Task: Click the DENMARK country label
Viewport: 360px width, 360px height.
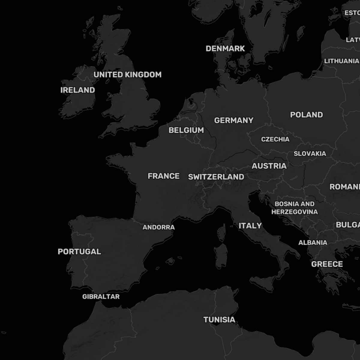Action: tap(225, 49)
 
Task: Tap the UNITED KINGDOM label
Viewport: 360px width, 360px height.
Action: tap(127, 75)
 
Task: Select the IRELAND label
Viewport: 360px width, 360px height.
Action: tap(78, 90)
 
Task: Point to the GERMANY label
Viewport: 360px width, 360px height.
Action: tap(234, 120)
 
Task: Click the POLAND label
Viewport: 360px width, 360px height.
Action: tap(306, 115)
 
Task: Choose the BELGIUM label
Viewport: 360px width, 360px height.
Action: tap(186, 130)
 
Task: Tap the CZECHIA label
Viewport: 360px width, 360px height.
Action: tap(275, 139)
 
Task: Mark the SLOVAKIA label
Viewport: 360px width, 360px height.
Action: tap(310, 154)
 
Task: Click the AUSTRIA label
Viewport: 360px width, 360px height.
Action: tap(269, 166)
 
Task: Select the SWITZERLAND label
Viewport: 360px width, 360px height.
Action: tap(216, 177)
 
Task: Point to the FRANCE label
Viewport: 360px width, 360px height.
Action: tap(163, 176)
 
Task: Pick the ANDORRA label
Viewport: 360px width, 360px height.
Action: tap(158, 227)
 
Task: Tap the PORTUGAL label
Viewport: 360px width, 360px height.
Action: tap(79, 252)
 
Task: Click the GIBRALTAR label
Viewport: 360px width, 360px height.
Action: tap(101, 297)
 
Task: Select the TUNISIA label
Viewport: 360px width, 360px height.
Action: tap(219, 320)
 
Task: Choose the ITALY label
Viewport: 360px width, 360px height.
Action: tap(250, 226)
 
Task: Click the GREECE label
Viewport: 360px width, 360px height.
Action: tap(327, 264)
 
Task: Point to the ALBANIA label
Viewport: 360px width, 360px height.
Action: tap(313, 243)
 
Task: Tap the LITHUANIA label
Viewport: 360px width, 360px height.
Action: tap(341, 61)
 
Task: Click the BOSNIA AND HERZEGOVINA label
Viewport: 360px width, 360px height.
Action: tap(295, 208)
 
